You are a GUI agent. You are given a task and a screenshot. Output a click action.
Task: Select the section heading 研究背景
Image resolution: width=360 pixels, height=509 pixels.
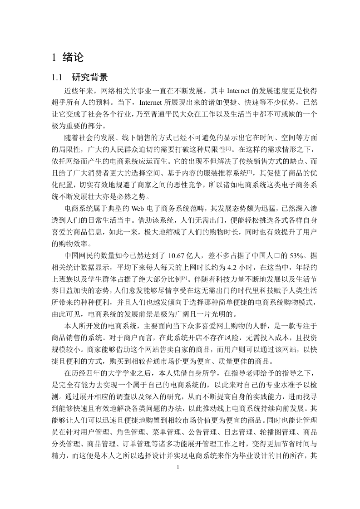click(90, 77)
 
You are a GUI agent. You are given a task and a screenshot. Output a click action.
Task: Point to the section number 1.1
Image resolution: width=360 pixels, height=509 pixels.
click(58, 78)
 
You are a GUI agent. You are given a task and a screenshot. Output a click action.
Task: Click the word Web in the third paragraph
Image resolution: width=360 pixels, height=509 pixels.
click(138, 208)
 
